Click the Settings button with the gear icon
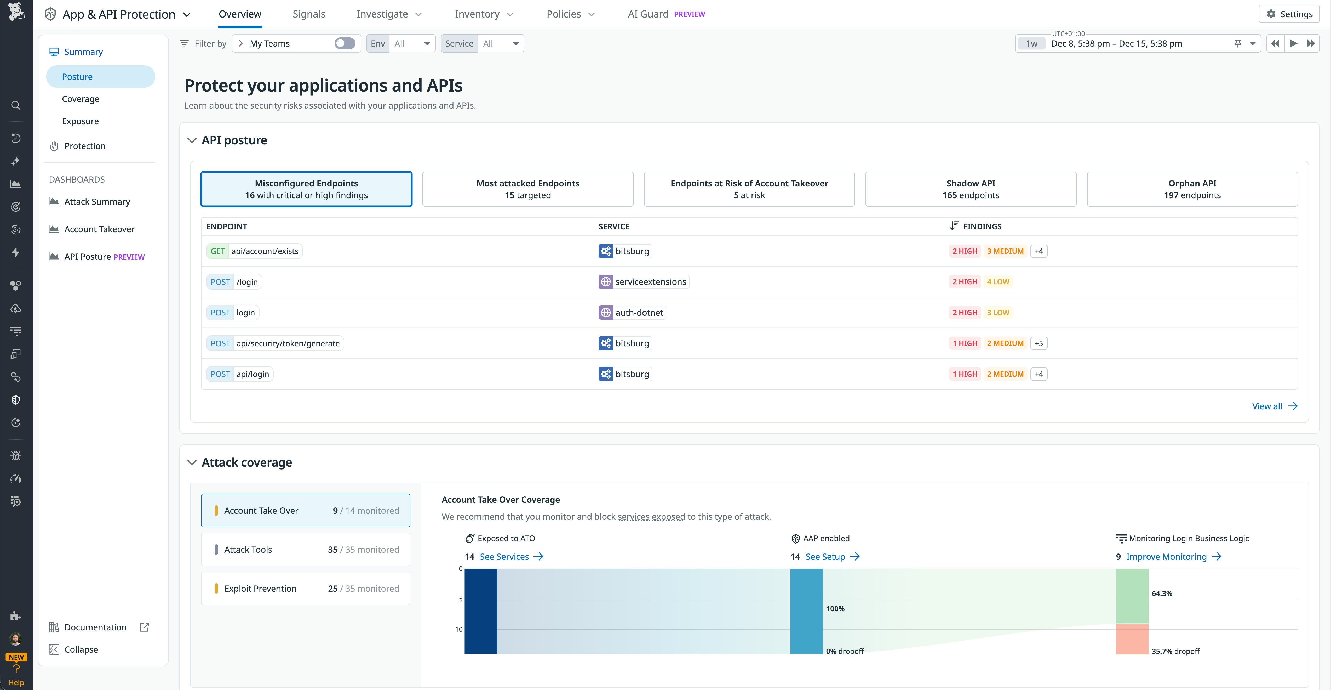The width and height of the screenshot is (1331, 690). click(x=1289, y=14)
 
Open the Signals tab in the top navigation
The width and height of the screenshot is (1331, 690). click(x=308, y=14)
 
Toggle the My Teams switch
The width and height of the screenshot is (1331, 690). click(x=345, y=43)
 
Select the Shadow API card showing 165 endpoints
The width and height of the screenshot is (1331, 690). click(x=970, y=189)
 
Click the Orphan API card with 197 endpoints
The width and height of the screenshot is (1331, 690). click(x=1192, y=189)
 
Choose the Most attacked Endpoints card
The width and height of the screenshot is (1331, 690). click(x=527, y=189)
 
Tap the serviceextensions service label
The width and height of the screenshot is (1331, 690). click(x=650, y=282)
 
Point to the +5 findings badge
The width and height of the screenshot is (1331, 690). click(x=1039, y=343)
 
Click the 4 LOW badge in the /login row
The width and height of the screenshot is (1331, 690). click(x=998, y=282)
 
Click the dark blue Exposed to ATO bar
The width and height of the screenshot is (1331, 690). click(x=480, y=611)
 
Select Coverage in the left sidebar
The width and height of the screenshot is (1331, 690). click(x=81, y=99)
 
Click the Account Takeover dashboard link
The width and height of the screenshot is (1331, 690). click(x=99, y=229)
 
